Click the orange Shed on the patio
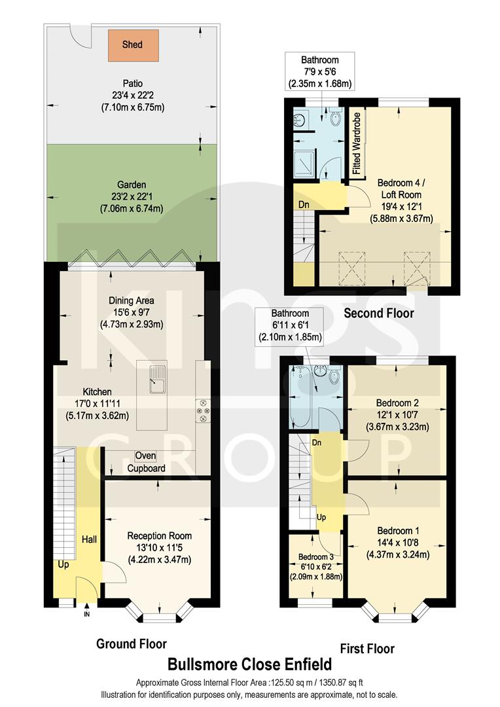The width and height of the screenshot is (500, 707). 133,45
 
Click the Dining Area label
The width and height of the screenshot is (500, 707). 132,300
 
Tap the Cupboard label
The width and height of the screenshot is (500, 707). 146,468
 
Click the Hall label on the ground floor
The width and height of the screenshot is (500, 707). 89,539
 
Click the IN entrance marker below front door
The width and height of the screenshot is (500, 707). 86,614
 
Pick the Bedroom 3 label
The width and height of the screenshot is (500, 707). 317,557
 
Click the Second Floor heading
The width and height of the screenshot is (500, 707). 378,314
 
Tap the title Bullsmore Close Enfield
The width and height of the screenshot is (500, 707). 249,664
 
